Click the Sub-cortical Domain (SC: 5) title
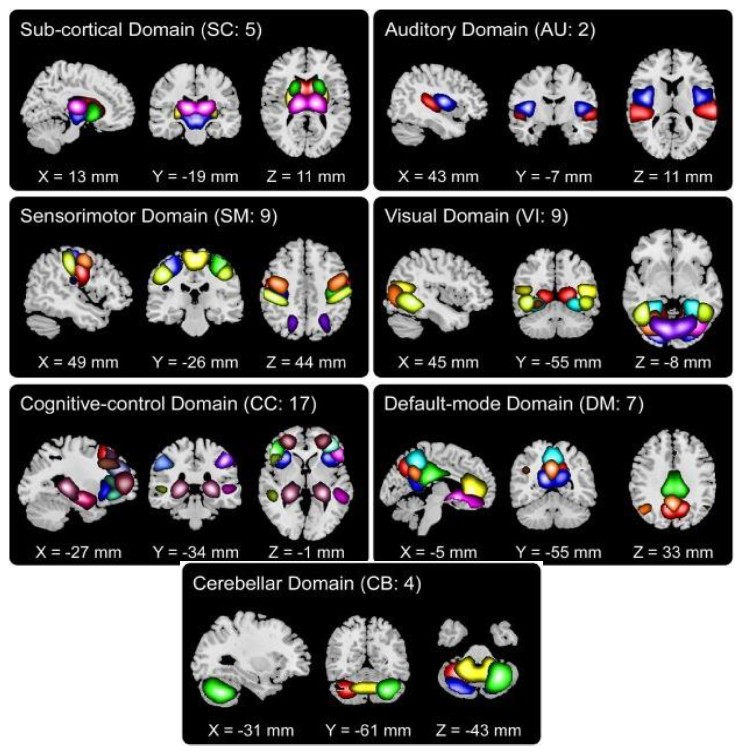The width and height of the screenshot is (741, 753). pyautogui.click(x=141, y=30)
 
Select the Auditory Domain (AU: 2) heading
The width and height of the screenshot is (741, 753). pyautogui.click(x=490, y=30)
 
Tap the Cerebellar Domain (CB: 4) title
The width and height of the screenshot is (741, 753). pyautogui.click(x=307, y=583)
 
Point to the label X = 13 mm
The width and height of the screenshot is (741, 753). pyautogui.click(x=78, y=177)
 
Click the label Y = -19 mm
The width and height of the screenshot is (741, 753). pyautogui.click(x=195, y=177)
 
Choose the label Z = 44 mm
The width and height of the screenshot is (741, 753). pyautogui.click(x=306, y=363)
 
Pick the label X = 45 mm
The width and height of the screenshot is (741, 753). pyautogui.click(x=438, y=363)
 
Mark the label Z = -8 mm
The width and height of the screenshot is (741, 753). pyautogui.click(x=673, y=363)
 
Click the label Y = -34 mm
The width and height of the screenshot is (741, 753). pyautogui.click(x=195, y=552)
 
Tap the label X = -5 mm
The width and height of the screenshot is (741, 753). pyautogui.click(x=438, y=552)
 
